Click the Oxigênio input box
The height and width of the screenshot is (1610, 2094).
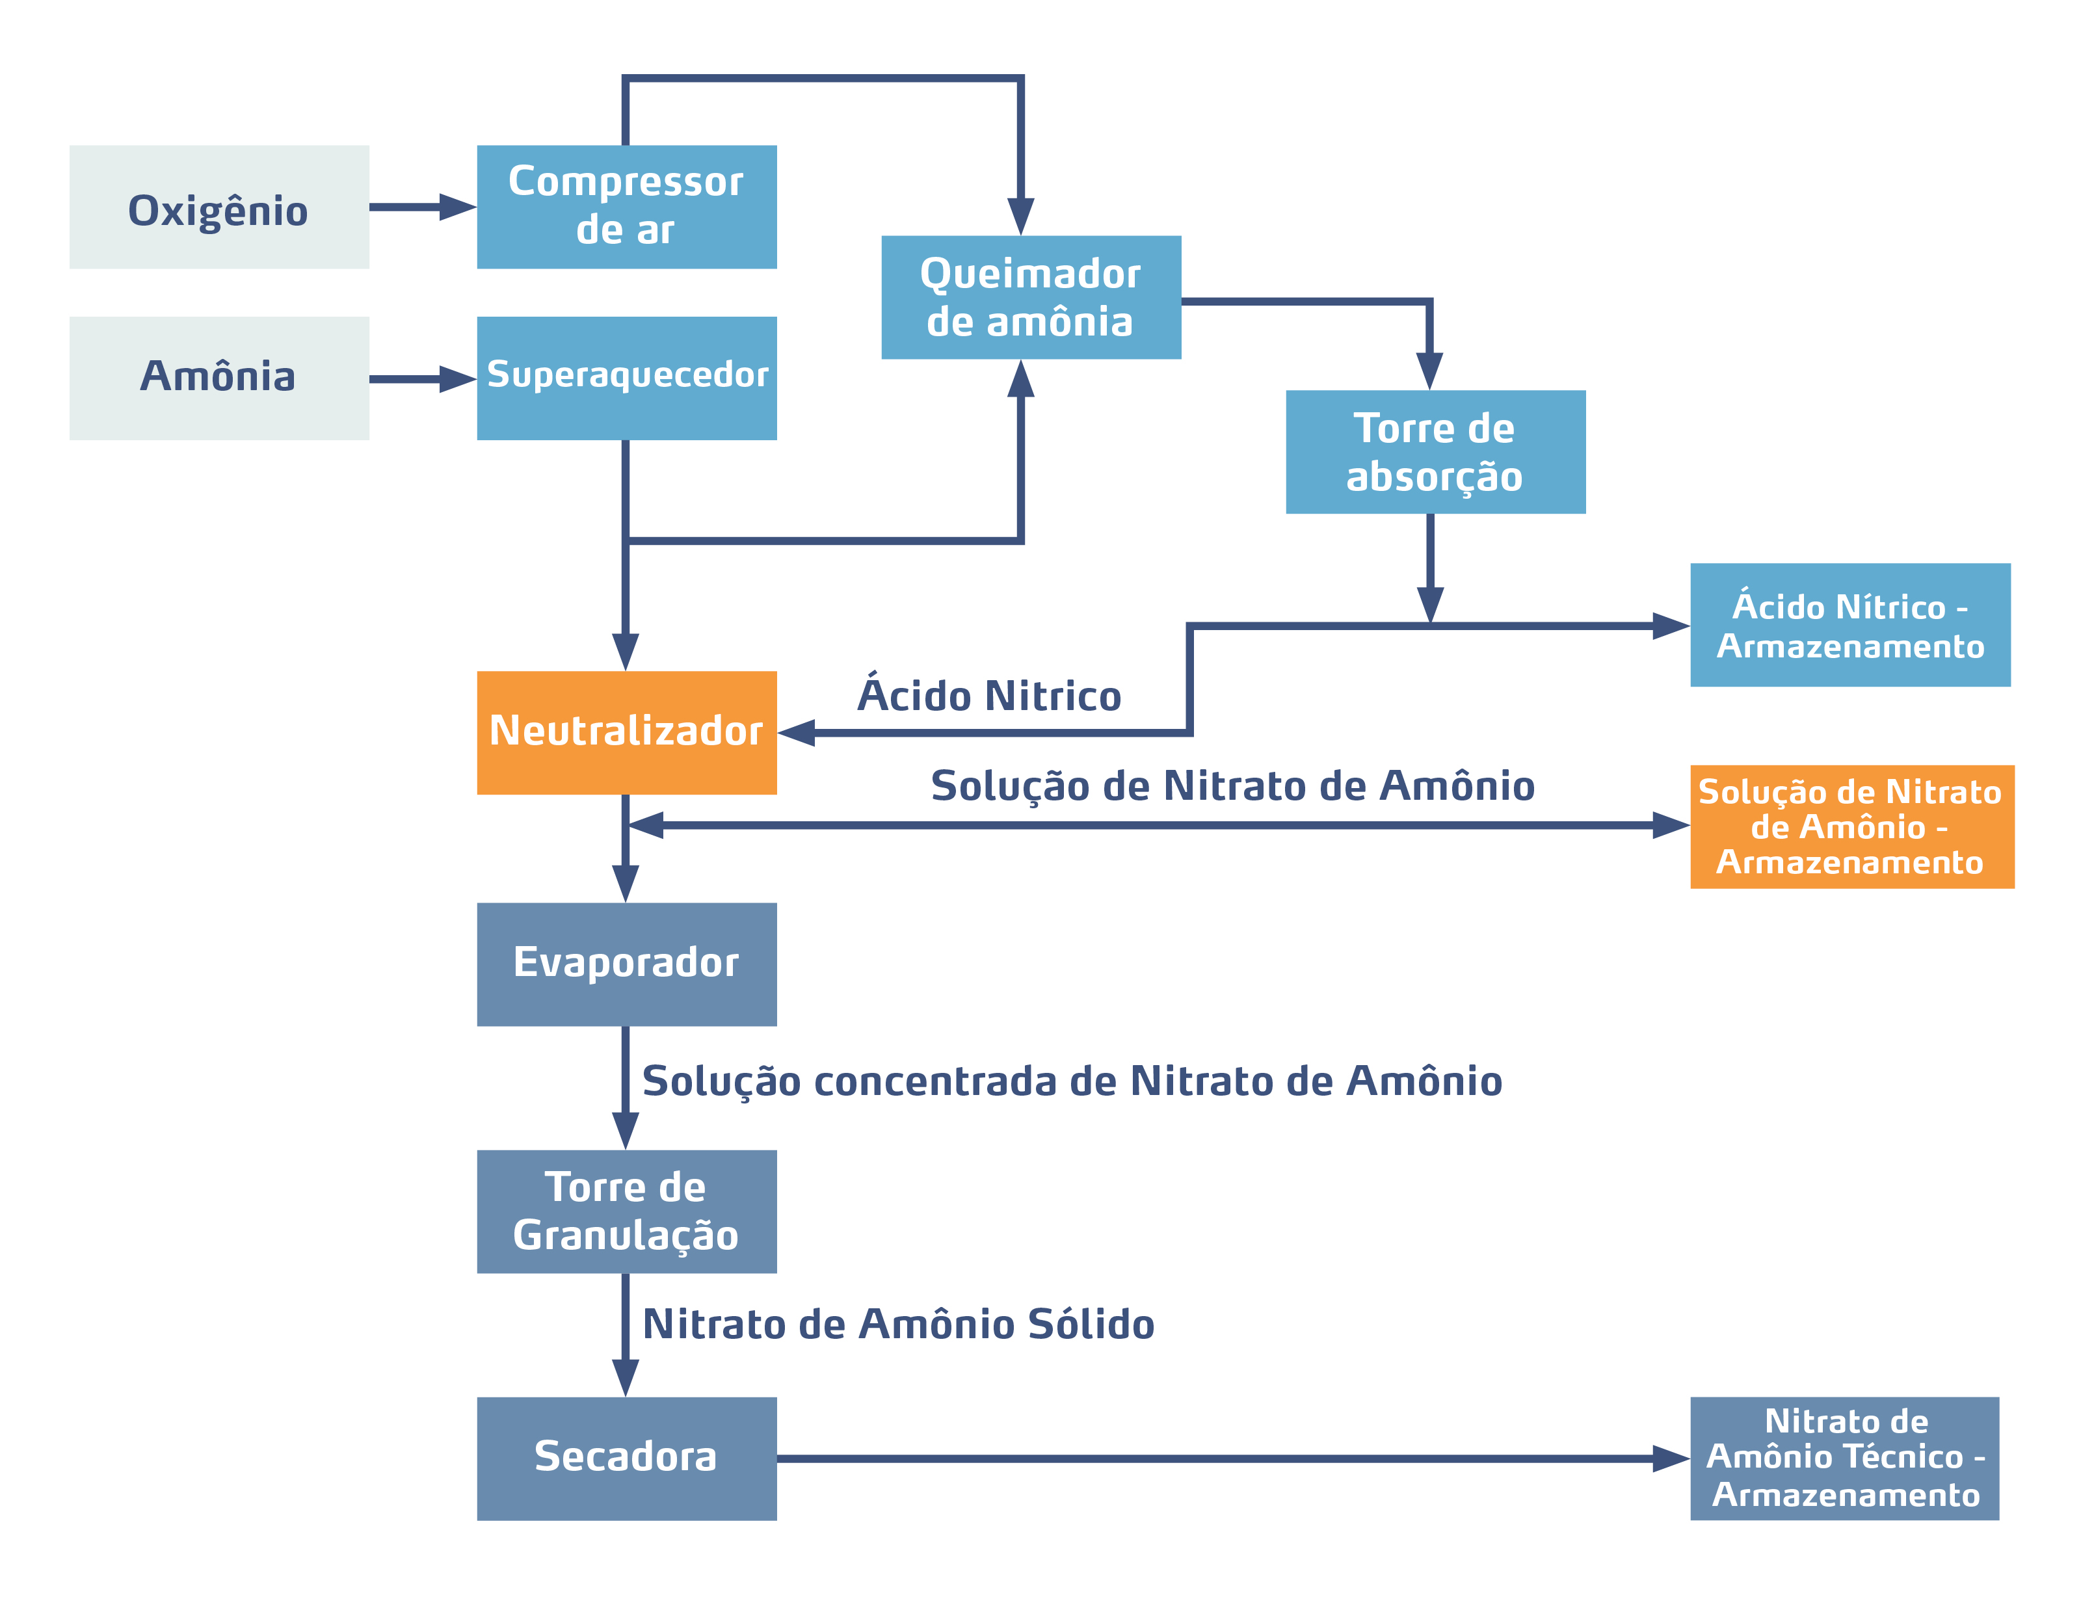tap(219, 207)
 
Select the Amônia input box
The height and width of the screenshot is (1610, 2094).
tap(219, 378)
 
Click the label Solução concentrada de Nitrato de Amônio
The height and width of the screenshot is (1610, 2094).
tap(1072, 1081)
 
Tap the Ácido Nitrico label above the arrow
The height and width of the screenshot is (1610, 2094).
tap(989, 695)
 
